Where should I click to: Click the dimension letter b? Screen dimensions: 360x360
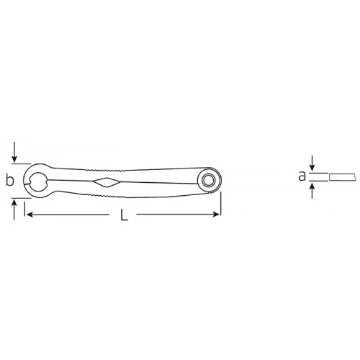pos(9,181)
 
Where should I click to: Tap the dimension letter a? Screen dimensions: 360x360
pos(302,175)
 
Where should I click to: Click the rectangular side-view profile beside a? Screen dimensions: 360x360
pos(343,176)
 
